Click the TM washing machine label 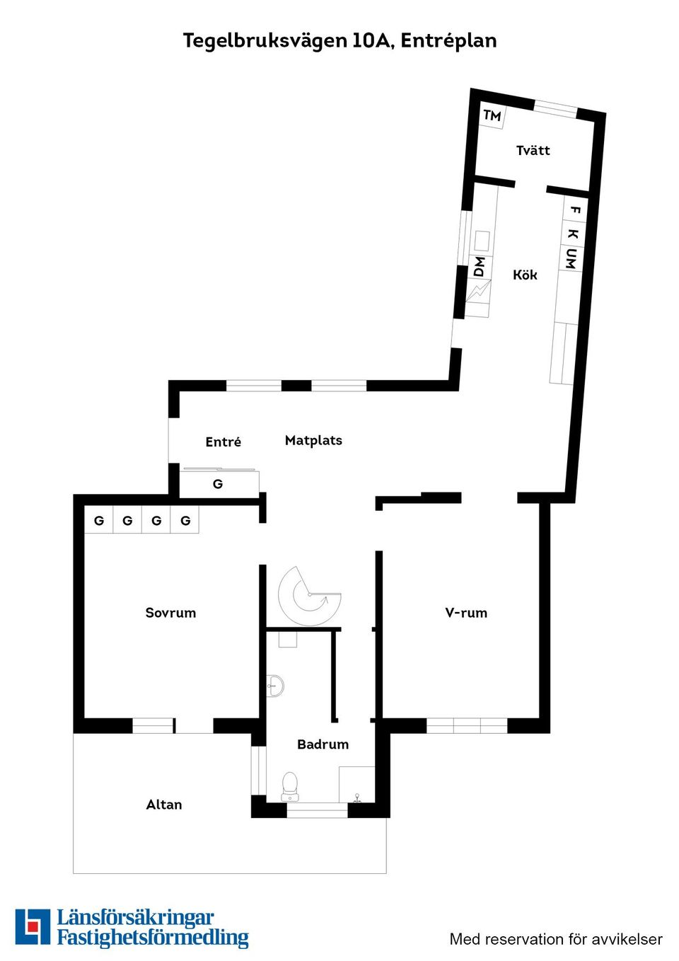pos(492,115)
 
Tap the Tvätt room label pos(533,150)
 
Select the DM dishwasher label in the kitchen pos(479,267)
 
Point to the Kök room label pos(525,275)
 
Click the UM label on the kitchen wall pos(570,259)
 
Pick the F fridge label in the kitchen pos(575,210)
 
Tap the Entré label pos(223,442)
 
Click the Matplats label pos(313,440)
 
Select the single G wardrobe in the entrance pos(218,484)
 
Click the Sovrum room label pos(170,613)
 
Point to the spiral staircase pos(309,596)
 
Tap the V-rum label pos(466,613)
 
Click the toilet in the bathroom pos(290,786)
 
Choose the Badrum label pos(323,744)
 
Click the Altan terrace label pos(164,805)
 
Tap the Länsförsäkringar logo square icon pos(33,926)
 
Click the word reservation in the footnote pos(523,939)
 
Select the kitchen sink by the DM pos(482,241)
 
